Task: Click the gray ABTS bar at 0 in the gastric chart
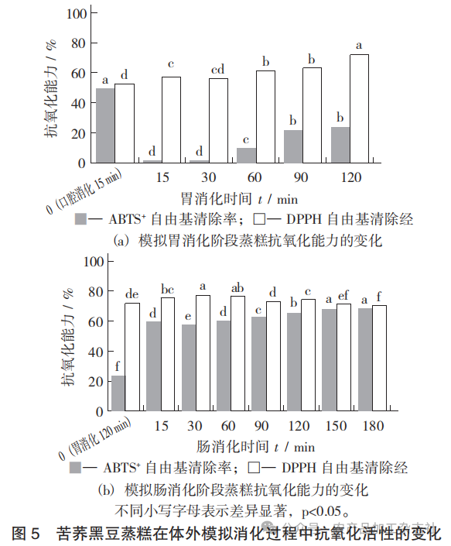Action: pos(104,125)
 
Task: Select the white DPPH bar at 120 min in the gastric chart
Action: pos(359,108)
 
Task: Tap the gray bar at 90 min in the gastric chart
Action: pos(293,146)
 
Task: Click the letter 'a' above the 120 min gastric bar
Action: pos(359,46)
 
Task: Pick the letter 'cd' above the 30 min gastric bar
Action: pos(219,71)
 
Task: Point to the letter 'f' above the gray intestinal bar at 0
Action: pos(118,367)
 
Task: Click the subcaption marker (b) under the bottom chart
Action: pos(108,490)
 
